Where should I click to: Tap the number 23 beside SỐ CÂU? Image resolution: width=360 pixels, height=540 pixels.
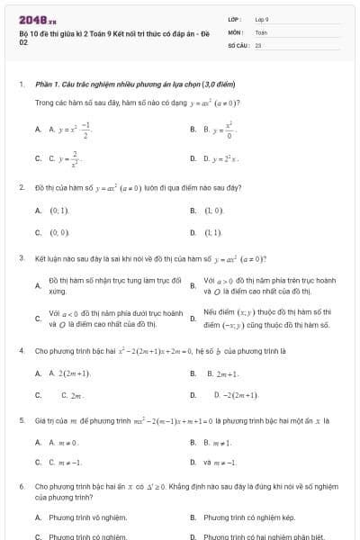258,43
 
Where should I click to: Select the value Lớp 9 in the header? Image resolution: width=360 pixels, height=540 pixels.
262,18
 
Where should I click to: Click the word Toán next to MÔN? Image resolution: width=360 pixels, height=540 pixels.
261,31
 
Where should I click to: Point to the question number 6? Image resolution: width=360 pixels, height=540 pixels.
21,485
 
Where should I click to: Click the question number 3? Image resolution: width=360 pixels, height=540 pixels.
21,256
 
